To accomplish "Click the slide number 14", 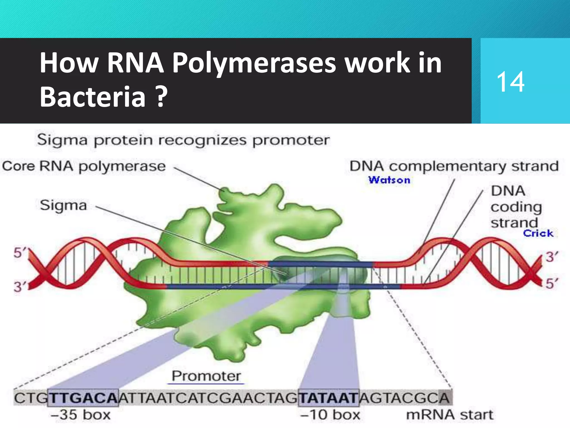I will tap(510, 82).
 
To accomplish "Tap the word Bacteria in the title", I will tap(93, 96).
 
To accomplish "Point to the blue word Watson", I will tap(389, 180).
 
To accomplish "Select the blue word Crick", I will tap(538, 233).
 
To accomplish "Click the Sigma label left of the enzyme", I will tap(63, 205).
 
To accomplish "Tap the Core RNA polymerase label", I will tap(84, 166).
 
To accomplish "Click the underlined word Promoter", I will tap(206, 376).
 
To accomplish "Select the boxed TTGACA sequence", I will tap(83, 398).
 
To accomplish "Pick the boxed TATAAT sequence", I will tap(328, 398).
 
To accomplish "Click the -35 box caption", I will tap(80, 415).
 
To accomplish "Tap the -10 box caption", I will tap(330, 415).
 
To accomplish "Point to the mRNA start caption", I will tap(449, 415).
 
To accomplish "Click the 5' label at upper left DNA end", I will tap(19, 253).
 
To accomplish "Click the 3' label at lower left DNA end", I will tap(19, 286).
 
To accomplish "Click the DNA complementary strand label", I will tap(454, 166).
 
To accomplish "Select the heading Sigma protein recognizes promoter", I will tap(183, 140).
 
